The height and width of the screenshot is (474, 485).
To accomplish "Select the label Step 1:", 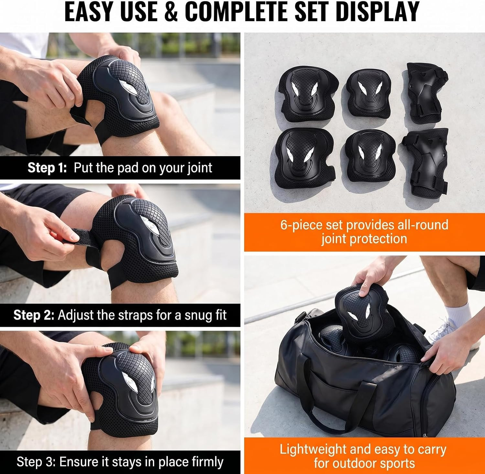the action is point(47,168).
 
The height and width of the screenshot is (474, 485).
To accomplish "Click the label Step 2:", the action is point(34,315).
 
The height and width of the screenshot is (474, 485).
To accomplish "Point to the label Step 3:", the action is point(36,462).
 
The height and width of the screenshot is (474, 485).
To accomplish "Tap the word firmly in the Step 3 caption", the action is point(208,462).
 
